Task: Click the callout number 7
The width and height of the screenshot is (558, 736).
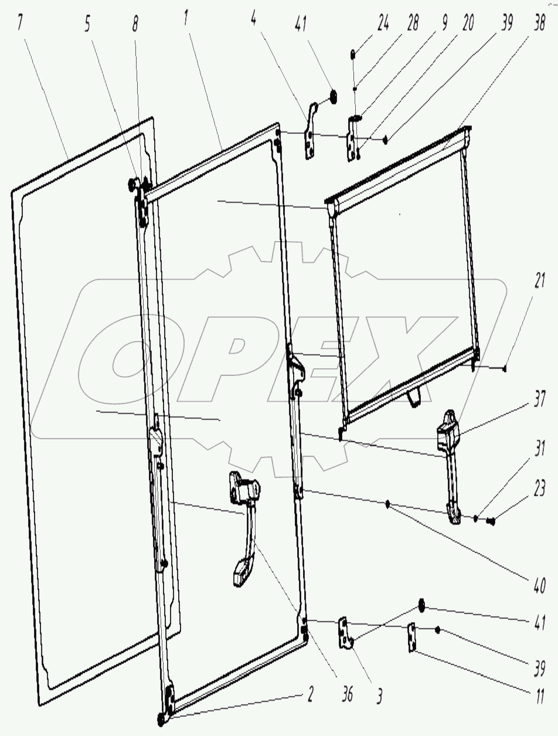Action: [x=21, y=23]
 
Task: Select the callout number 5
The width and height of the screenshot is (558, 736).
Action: [x=87, y=24]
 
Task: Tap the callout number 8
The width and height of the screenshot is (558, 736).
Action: [x=135, y=24]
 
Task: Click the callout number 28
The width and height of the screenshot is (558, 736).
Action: [x=412, y=23]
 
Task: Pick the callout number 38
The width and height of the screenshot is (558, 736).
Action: [x=539, y=23]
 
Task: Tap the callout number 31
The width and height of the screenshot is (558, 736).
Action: [x=539, y=449]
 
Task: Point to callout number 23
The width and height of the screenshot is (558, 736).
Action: [x=539, y=489]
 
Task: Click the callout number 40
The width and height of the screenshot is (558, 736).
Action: [x=539, y=586]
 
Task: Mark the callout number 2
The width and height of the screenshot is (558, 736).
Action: [x=309, y=694]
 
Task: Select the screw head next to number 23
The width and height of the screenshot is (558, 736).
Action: [x=491, y=521]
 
